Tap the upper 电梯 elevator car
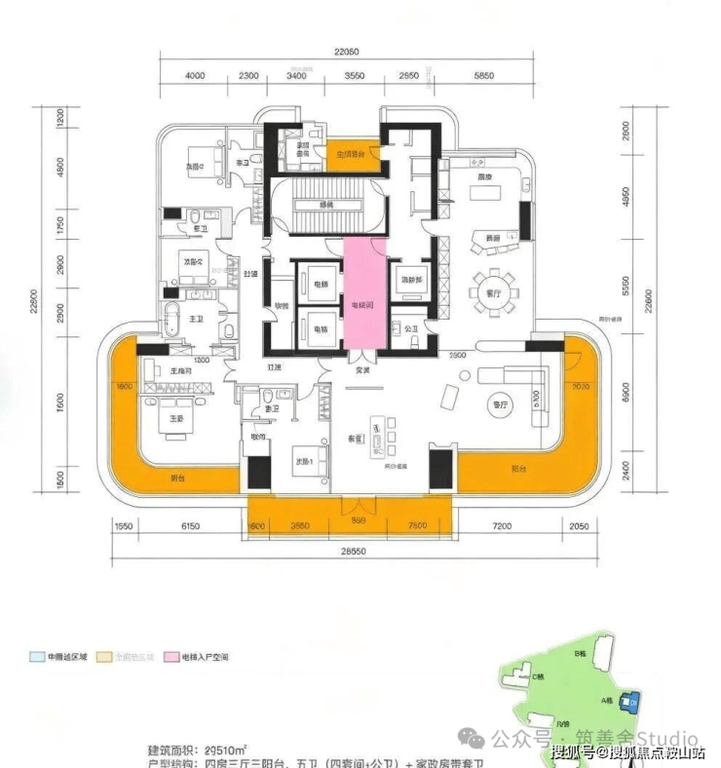point(320,284)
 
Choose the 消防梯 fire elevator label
point(409,281)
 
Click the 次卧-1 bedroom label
point(303,462)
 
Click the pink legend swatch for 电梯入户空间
point(158,659)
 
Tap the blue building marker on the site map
point(634,698)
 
